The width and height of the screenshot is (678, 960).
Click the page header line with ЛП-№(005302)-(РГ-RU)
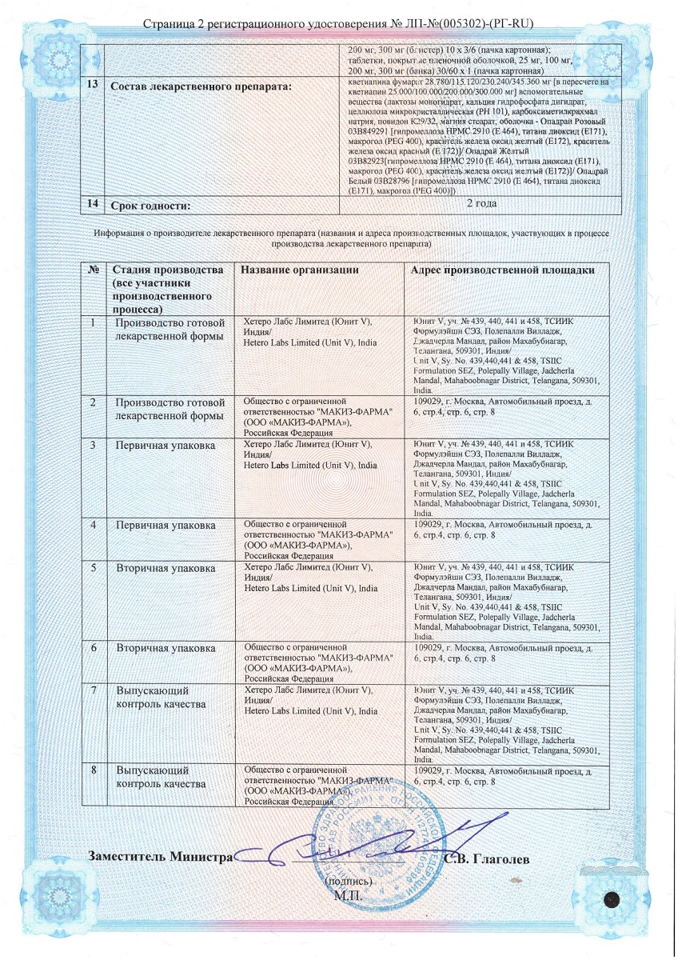[338, 24]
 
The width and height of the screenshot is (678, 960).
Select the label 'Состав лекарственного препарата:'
[200, 86]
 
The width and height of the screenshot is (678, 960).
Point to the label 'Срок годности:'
[151, 206]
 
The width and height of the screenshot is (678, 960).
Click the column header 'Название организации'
[300, 270]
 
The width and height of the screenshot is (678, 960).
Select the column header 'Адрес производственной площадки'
[502, 270]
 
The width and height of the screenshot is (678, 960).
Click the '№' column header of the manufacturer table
[93, 270]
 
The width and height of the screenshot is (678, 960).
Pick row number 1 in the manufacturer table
[93, 322]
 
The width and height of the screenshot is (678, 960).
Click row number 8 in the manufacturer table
[94, 770]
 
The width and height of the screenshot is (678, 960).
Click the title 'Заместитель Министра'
[161, 858]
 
